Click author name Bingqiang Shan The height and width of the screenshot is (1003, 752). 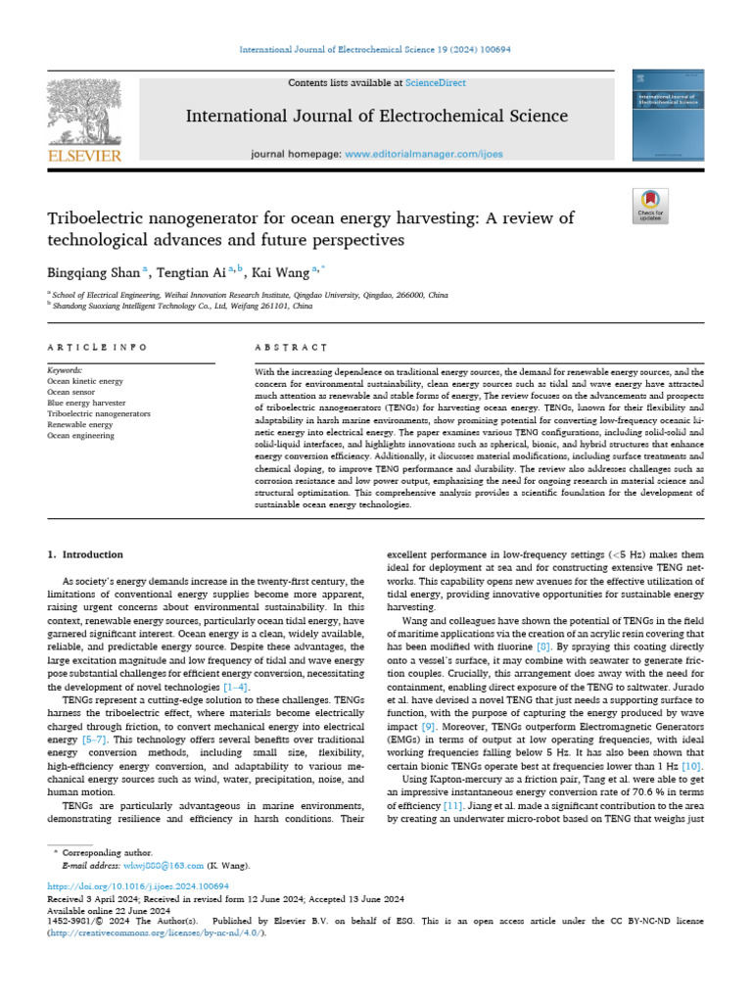coord(94,272)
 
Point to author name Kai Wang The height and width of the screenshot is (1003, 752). coord(278,272)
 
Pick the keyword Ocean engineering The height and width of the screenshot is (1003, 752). coord(80,436)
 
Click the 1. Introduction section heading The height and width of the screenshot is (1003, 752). coord(86,554)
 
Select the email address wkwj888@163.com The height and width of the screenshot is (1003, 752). coord(164,866)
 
